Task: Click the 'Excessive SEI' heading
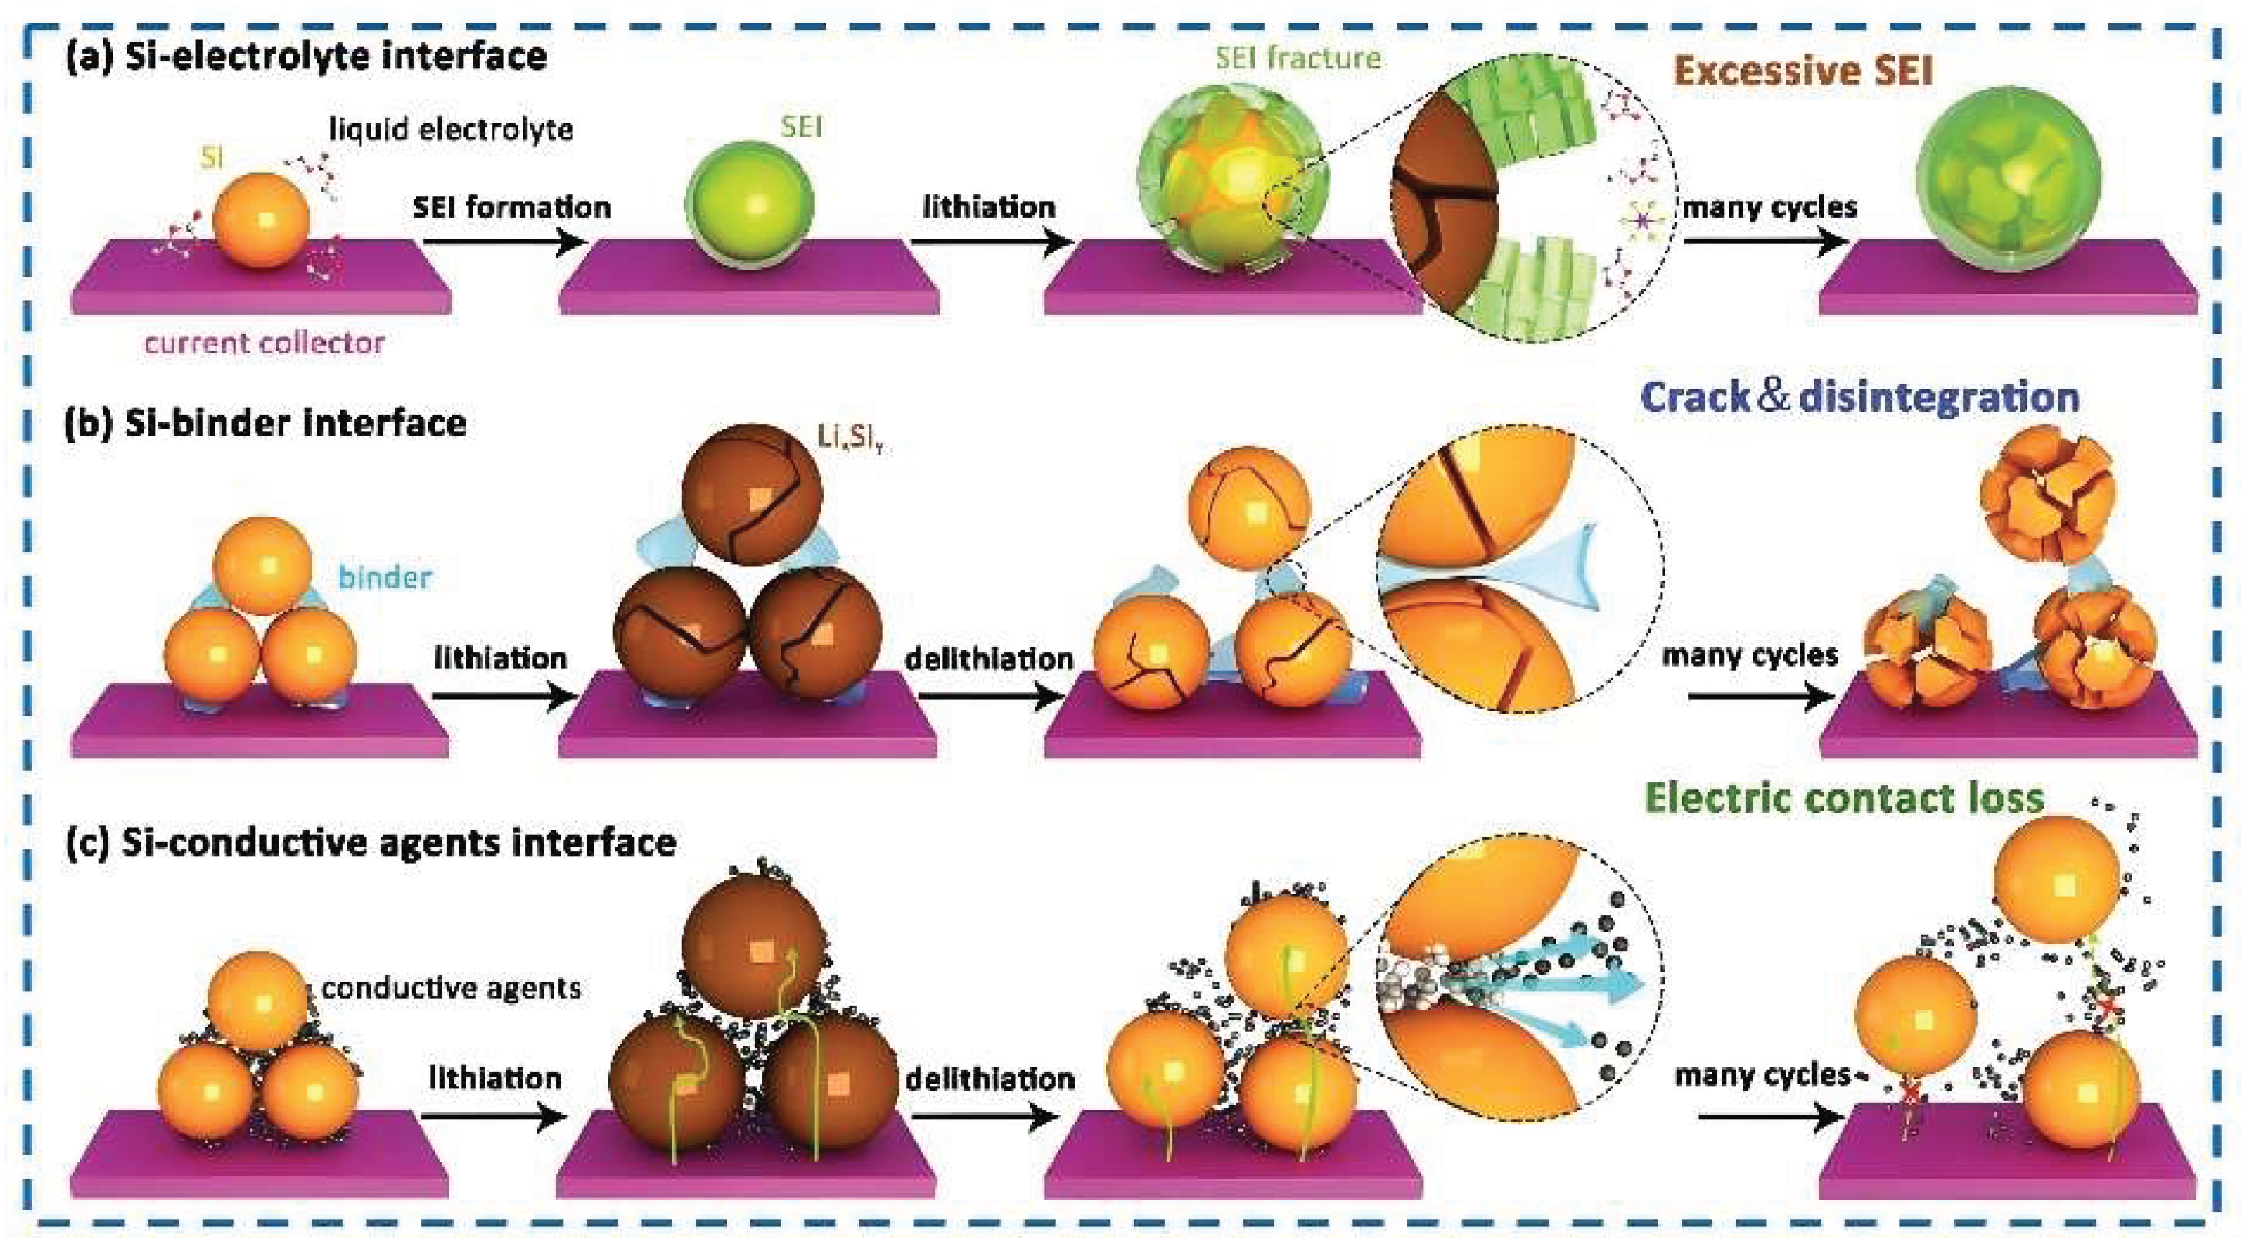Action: (x=1803, y=70)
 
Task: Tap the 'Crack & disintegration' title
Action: (x=1860, y=397)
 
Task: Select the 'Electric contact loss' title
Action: (x=1844, y=798)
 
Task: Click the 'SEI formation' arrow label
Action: (x=512, y=208)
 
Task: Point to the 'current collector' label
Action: (x=265, y=342)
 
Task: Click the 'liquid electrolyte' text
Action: (x=451, y=129)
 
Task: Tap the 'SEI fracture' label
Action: (x=1298, y=58)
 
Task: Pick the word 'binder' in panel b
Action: (x=385, y=577)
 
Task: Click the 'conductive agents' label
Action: (x=451, y=987)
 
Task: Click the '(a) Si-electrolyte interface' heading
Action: (x=306, y=56)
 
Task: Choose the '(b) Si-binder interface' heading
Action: (x=266, y=423)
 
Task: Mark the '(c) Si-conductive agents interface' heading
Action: (x=371, y=842)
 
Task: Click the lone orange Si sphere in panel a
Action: (x=261, y=220)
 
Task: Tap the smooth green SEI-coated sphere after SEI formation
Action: (x=750, y=204)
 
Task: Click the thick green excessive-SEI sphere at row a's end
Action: (x=2007, y=178)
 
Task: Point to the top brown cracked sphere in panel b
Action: (x=752, y=493)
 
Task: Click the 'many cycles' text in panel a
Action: (x=1769, y=208)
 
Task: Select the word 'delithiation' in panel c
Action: (x=991, y=1078)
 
